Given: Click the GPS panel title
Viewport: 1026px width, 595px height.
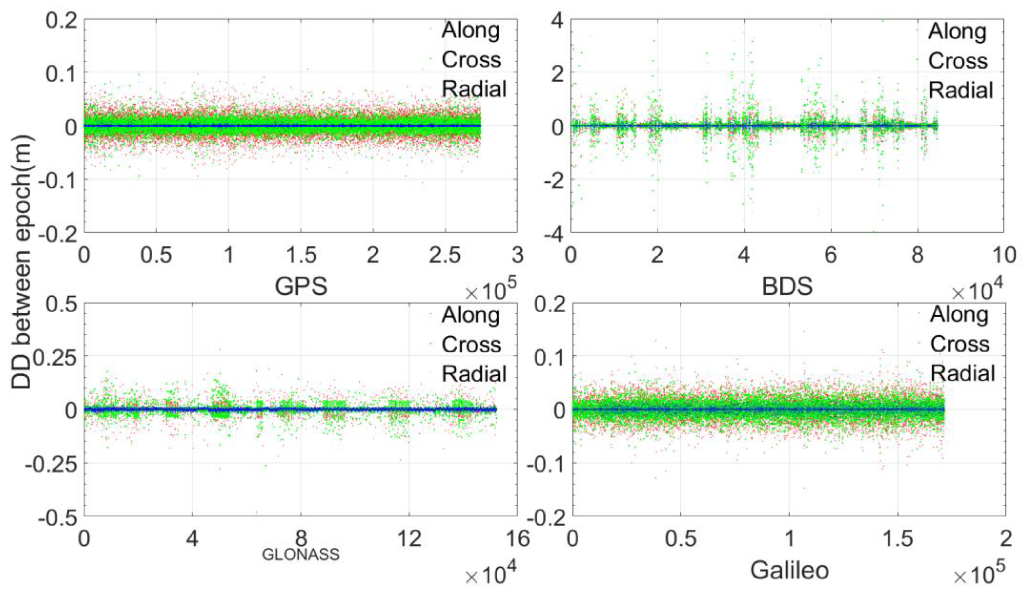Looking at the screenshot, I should tap(301, 286).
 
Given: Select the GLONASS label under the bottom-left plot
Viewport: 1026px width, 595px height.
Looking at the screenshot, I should tap(300, 554).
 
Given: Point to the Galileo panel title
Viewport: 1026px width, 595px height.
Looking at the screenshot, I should tap(789, 570).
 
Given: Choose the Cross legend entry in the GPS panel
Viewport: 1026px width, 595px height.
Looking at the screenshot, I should tap(471, 60).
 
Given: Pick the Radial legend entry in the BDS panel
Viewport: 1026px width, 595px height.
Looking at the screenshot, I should tap(961, 90).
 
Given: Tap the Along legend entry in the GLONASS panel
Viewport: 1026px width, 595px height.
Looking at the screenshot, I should tap(471, 315).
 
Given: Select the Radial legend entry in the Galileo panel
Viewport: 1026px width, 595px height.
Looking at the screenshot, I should tap(962, 373).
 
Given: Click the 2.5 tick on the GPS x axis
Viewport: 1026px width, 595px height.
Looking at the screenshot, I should tap(445, 255).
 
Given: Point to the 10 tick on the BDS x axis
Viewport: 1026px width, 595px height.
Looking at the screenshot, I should tap(1004, 255).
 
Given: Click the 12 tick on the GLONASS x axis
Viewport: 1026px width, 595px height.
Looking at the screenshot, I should tap(409, 539).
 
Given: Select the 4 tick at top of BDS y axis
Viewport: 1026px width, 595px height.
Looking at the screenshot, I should tap(557, 20).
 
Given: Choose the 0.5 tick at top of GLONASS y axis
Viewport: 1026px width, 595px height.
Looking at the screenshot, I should tap(60, 304).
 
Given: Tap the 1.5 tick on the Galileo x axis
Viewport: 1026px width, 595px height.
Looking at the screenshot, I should tap(897, 539).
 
